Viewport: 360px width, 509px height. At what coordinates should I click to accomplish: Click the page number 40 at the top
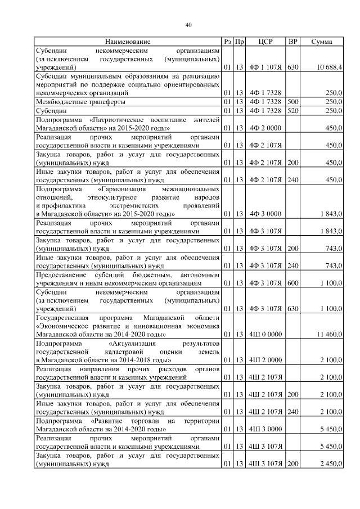(189, 25)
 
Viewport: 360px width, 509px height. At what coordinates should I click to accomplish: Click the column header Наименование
(127, 42)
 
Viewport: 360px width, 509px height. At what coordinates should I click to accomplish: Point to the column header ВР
(292, 42)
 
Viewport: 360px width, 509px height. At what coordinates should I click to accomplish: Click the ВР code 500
(292, 102)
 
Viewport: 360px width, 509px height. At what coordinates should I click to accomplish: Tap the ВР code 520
(292, 111)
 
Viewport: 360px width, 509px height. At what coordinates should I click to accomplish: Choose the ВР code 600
(292, 283)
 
